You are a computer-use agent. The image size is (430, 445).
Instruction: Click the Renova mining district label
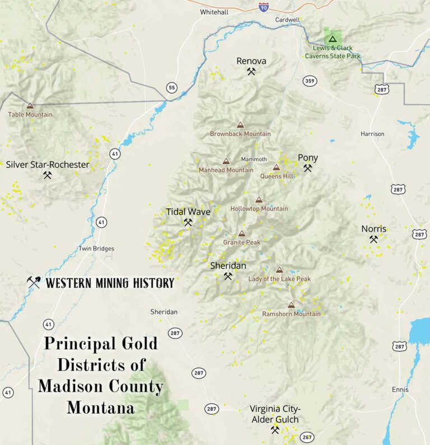pos(251,61)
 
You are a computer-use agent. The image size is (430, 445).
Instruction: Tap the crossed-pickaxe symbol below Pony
pos(307,168)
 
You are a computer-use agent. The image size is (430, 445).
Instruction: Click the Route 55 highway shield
pos(171,87)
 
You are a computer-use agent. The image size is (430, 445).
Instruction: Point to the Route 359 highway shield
pos(309,81)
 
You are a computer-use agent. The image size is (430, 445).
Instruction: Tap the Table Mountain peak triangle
pos(30,105)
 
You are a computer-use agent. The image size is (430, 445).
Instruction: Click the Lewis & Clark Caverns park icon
pos(332,39)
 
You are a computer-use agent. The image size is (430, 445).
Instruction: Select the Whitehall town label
pos(214,11)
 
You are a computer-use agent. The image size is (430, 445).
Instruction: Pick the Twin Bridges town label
pos(96,249)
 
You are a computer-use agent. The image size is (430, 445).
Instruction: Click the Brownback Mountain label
pos(240,134)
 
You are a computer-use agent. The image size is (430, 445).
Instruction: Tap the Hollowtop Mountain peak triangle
pos(259,200)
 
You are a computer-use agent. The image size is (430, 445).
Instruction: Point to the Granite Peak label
pos(241,242)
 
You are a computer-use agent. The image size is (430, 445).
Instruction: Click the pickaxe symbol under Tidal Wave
pos(188,222)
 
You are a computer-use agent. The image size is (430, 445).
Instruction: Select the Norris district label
pos(373,229)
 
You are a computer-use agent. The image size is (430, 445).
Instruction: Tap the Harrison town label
pos(372,134)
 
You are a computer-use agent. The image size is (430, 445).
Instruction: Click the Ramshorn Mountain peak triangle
pos(291,305)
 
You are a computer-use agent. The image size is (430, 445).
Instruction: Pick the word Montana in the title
pos(101,407)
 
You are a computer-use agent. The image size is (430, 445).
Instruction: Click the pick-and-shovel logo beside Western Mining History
pos(34,282)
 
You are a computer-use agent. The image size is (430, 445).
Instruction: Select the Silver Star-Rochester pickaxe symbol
pos(48,175)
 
